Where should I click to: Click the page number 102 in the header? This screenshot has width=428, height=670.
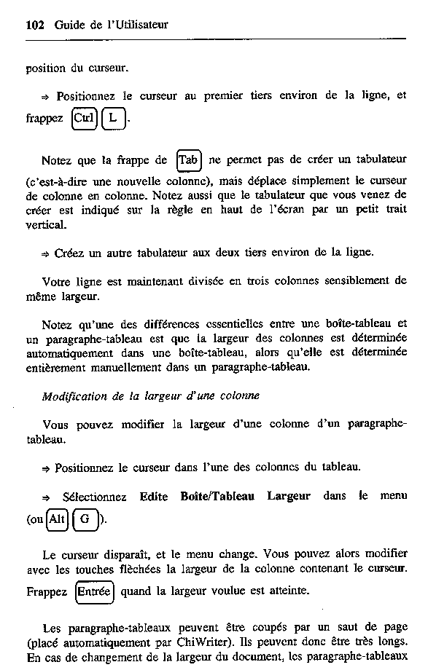[x=34, y=25]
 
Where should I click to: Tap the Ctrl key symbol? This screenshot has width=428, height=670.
[x=84, y=118]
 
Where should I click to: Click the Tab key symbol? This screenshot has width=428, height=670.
[x=189, y=159]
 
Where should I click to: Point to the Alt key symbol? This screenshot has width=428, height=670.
[x=56, y=519]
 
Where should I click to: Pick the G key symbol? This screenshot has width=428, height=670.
[x=85, y=519]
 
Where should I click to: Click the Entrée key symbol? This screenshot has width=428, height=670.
[x=95, y=592]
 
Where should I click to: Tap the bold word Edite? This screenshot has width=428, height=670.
[x=154, y=497]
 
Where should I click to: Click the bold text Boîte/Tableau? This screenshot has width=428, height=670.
[x=217, y=497]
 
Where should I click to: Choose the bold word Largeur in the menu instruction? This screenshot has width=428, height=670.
[x=289, y=497]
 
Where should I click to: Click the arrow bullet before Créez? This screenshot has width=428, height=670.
[x=46, y=253]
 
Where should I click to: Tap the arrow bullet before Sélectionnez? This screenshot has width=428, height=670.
[x=46, y=497]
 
